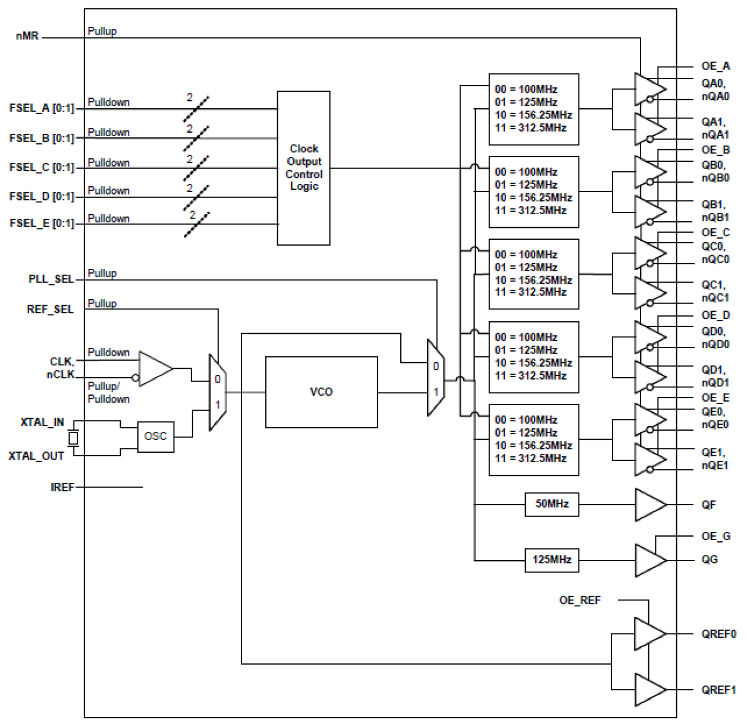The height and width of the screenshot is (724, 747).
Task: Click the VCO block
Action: coord(321,392)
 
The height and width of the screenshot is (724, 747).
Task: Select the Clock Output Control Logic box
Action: coord(303,168)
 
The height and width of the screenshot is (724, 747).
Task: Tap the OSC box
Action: coord(155,437)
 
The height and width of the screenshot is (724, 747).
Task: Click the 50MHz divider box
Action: coord(551,504)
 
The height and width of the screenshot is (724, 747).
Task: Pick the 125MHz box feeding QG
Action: coord(551,560)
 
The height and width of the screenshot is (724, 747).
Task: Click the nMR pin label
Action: coord(27,36)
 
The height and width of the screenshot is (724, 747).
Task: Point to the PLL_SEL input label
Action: coord(51,279)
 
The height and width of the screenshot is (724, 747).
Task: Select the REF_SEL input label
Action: coord(50,309)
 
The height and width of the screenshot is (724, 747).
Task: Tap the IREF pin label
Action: coord(62,487)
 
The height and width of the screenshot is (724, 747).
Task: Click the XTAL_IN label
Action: coord(42,422)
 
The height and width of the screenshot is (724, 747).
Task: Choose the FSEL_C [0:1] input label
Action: coord(42,167)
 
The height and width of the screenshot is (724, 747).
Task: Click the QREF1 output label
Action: coord(718,689)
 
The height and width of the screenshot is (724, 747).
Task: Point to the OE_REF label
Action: coord(579,600)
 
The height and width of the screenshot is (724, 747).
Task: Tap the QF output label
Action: coord(708,504)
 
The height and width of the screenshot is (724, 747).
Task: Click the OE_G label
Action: coord(715,536)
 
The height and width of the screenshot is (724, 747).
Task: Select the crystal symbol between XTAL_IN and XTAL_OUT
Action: coord(73,438)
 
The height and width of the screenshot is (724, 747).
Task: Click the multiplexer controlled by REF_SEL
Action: coord(217,392)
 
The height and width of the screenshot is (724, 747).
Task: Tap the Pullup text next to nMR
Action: coord(102,31)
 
